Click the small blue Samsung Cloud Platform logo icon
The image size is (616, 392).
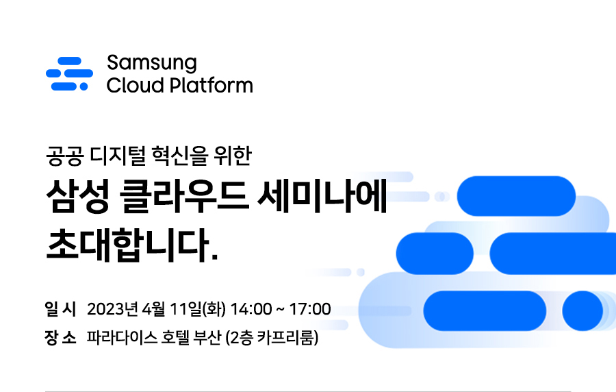coord(70,73)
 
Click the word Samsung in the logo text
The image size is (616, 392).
coord(152,63)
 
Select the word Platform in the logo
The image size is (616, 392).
coord(211,85)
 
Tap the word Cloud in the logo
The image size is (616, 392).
coord(135,85)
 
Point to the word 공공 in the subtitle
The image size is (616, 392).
coord(65,156)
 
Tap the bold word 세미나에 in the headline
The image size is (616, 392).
coord(322,196)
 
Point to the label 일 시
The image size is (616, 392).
coord(60,309)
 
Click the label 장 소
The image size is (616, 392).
coord(60,337)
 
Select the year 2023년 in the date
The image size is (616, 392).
coord(112,309)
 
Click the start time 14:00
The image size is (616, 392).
coord(251,309)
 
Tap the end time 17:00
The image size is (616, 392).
coord(310,309)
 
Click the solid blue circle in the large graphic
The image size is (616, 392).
coord(582,310)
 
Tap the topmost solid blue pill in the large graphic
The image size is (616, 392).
coord(516,196)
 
